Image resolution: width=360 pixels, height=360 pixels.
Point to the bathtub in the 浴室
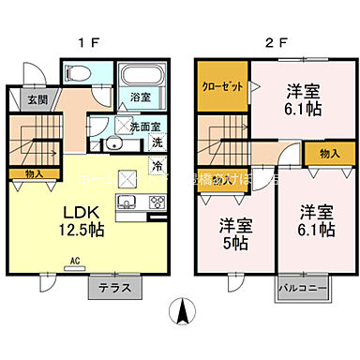(x=142, y=76)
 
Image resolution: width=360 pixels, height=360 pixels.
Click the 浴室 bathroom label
(x=141, y=97)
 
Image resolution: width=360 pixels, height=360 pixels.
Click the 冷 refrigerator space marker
(x=157, y=166)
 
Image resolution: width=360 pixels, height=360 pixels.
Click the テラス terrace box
(x=115, y=289)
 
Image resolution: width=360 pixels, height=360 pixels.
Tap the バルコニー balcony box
(x=302, y=289)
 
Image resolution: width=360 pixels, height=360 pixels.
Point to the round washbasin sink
(x=112, y=143)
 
